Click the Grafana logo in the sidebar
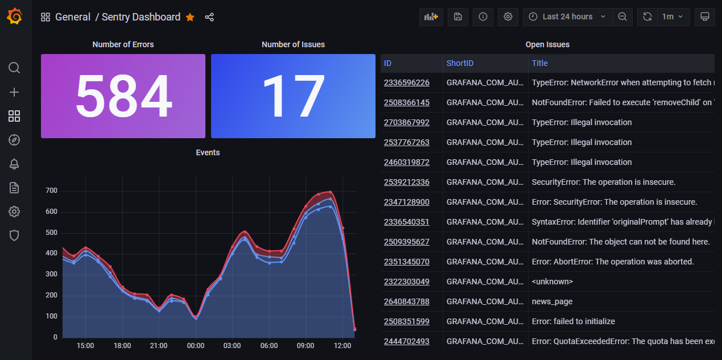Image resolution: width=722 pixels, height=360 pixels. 15,17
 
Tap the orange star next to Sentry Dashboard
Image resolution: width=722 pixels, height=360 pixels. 190,17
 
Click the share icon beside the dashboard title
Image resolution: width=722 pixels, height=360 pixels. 209,17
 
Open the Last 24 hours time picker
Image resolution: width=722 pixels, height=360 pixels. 567,16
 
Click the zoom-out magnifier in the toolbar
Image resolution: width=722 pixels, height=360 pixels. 622,16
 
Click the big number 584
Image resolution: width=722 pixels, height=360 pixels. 123,96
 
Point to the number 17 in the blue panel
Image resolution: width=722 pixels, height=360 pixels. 293,96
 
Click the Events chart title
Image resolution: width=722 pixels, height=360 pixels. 208,152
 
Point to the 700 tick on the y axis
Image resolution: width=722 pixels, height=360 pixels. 52,191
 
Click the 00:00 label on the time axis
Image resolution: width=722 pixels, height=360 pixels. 196,346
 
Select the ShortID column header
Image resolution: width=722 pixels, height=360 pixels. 460,63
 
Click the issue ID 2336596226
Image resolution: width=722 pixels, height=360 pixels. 407,82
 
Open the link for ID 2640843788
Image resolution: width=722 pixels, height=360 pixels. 407,301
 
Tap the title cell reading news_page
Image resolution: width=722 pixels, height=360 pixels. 552,301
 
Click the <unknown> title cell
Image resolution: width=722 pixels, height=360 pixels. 552,282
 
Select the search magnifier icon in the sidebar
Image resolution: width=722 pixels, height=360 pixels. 14,68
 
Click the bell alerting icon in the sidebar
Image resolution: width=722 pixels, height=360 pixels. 14,164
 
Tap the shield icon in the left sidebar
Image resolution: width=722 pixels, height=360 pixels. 14,235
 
